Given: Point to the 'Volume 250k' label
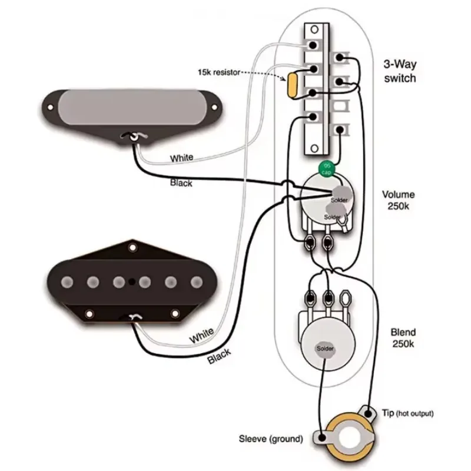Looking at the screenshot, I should tap(399, 201).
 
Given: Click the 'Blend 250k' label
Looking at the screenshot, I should tap(403, 339).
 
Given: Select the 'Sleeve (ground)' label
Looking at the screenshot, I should tap(271, 439).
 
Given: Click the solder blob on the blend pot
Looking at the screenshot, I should tap(325, 349).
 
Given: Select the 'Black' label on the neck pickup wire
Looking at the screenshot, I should tap(181, 183).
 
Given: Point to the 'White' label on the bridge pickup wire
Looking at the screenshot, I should tap(201, 337).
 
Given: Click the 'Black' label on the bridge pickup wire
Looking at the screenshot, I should tap(219, 356).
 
